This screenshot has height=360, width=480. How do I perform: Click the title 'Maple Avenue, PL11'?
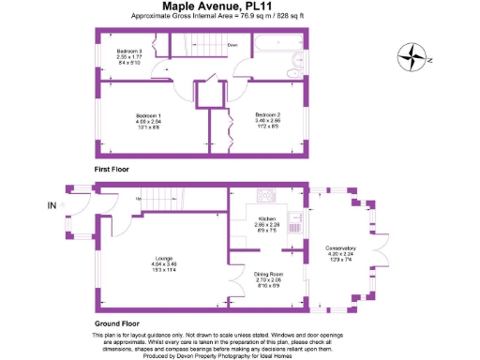coord(206,7)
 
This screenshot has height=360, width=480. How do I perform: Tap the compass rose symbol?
coord(411,58)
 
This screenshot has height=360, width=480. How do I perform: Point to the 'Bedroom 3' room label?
coord(128,50)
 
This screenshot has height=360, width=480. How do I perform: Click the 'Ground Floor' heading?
coord(118,320)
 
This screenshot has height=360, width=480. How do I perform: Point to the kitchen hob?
coord(265,196)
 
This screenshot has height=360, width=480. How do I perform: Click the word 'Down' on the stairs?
coord(232,45)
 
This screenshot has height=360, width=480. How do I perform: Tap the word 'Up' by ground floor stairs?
coord(138,199)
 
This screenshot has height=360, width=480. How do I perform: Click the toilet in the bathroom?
coord(292,65)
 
